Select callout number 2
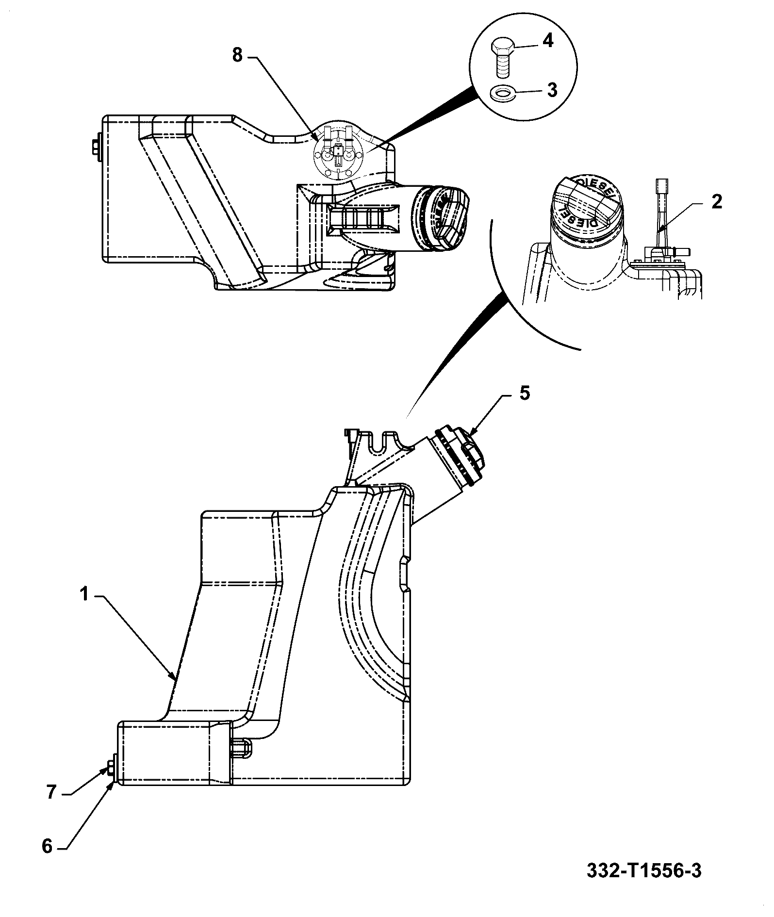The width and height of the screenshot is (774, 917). coord(717,201)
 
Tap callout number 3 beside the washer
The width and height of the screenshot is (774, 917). coord(552,90)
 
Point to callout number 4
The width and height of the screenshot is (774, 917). coord(547,41)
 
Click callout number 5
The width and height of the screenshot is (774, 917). coord(525,393)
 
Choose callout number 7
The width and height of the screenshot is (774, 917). coord(52,792)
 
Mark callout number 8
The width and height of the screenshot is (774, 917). coord(237,55)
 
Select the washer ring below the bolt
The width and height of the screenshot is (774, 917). coord(503,93)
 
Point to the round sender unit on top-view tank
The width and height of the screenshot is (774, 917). coord(338,155)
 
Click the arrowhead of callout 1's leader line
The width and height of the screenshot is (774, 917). coord(172,676)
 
